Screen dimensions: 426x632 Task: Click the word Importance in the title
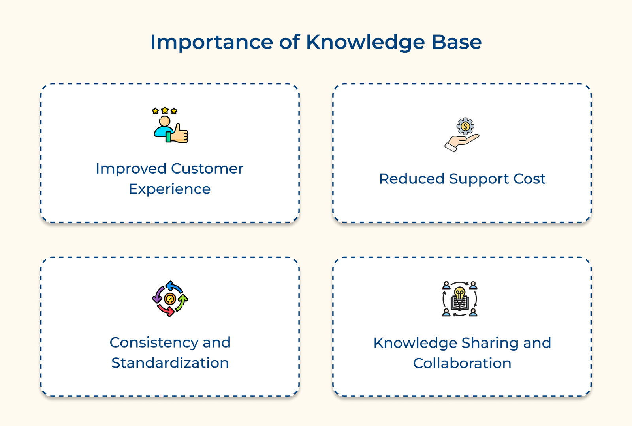(x=211, y=42)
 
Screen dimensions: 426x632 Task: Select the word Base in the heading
(x=456, y=42)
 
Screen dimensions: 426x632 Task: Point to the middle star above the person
(x=165, y=110)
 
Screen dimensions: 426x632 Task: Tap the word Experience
(x=170, y=189)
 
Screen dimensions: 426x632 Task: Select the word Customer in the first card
(x=207, y=169)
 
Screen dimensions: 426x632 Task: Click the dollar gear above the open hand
(x=465, y=126)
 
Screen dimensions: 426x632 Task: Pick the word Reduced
(x=412, y=179)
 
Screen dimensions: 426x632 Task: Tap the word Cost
(x=529, y=179)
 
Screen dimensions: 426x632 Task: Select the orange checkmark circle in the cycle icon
(x=170, y=299)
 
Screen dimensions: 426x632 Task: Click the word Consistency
(x=154, y=342)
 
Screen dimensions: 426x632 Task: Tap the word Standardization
(x=170, y=363)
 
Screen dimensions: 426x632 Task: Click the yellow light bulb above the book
(x=459, y=293)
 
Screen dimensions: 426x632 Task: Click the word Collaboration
(x=462, y=363)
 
